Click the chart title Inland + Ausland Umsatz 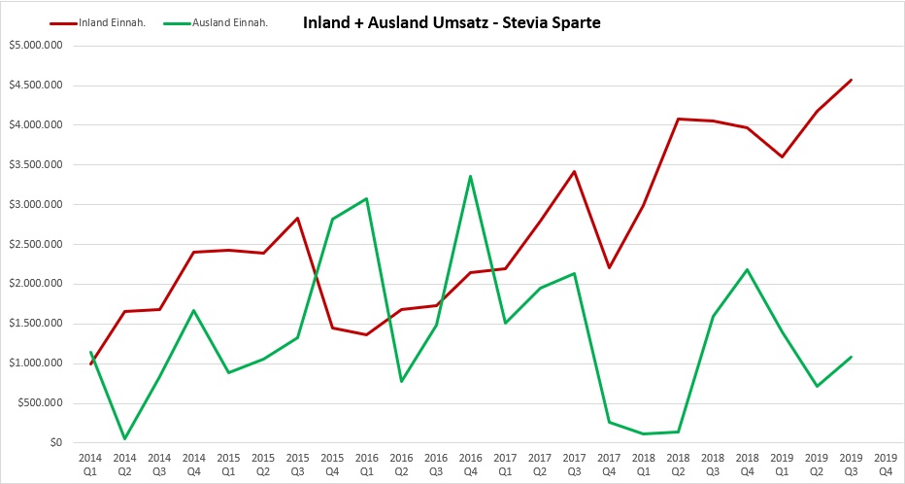point(452,21)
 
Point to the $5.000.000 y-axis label point(34,45)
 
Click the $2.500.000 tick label point(34,244)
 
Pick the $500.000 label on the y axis point(38,403)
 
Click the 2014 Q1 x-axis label point(90,464)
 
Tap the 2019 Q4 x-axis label point(886,464)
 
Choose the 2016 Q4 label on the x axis point(471,464)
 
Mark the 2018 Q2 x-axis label point(678,464)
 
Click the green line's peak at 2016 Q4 point(471,176)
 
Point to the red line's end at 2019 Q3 point(852,80)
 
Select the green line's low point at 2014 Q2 point(125,438)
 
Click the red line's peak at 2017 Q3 point(575,171)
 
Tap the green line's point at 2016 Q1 point(367,198)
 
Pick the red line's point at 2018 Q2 point(678,119)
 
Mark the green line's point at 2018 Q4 point(748,269)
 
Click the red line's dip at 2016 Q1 point(367,334)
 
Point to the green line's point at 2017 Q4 point(610,422)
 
